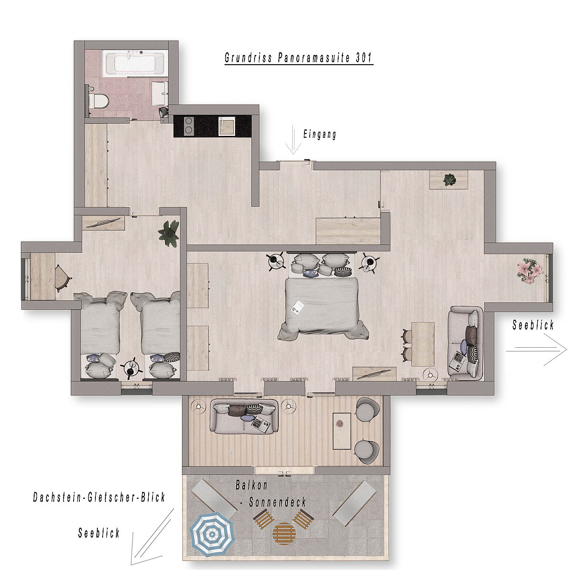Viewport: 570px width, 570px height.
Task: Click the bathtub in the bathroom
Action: [133, 62]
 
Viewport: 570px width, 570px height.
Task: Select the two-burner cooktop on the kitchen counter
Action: [189, 126]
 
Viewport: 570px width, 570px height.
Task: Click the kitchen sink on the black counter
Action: [227, 126]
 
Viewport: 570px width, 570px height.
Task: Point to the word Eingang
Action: [320, 134]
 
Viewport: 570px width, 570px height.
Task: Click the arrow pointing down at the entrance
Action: [293, 140]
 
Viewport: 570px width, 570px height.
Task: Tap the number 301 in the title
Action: [363, 57]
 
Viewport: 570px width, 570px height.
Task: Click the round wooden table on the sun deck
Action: [284, 533]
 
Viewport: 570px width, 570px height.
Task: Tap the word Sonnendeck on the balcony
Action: [277, 502]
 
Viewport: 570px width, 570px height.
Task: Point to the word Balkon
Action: [251, 485]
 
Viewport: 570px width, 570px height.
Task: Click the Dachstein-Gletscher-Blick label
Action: [99, 497]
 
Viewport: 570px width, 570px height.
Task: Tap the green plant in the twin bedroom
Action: [169, 234]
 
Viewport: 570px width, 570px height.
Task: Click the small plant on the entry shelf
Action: [450, 180]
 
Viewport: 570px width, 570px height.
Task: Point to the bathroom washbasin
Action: [160, 94]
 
